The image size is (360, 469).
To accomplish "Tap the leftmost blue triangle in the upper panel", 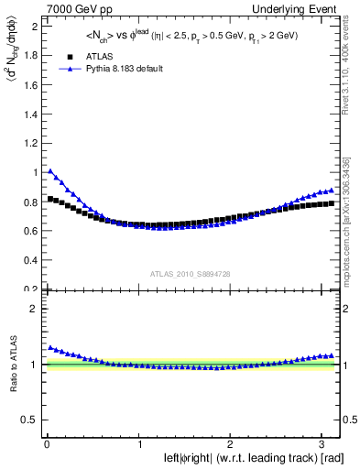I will click(x=49, y=170).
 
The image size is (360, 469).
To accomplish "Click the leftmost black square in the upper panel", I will click(x=49, y=198).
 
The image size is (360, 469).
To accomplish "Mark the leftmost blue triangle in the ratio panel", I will click(x=49, y=347).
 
